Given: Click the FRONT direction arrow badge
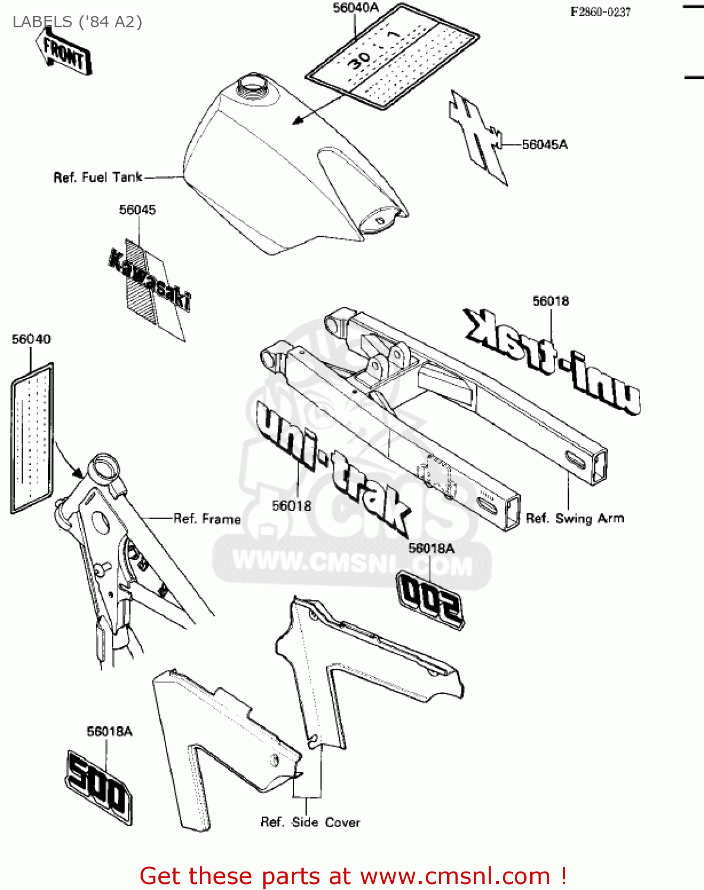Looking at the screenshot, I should (x=64, y=53).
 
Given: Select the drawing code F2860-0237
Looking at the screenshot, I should (x=600, y=12).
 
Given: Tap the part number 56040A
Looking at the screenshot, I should (x=355, y=8).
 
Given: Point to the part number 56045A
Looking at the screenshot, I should (x=544, y=144).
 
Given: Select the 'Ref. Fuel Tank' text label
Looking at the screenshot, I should (x=98, y=177).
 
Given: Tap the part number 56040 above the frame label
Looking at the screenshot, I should (x=31, y=339).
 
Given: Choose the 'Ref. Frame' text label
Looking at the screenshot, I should (x=207, y=519).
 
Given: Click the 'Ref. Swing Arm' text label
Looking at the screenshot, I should (x=575, y=519).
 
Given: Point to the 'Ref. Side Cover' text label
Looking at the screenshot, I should (x=310, y=822).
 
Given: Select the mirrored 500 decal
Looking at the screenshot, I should (x=431, y=599).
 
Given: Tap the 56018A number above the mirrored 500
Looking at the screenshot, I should (x=431, y=548).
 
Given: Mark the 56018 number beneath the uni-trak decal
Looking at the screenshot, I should (x=291, y=506).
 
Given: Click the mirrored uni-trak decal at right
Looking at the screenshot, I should (x=552, y=360).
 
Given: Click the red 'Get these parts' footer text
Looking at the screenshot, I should (x=353, y=876).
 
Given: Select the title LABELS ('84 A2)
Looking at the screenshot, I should (x=77, y=22).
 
